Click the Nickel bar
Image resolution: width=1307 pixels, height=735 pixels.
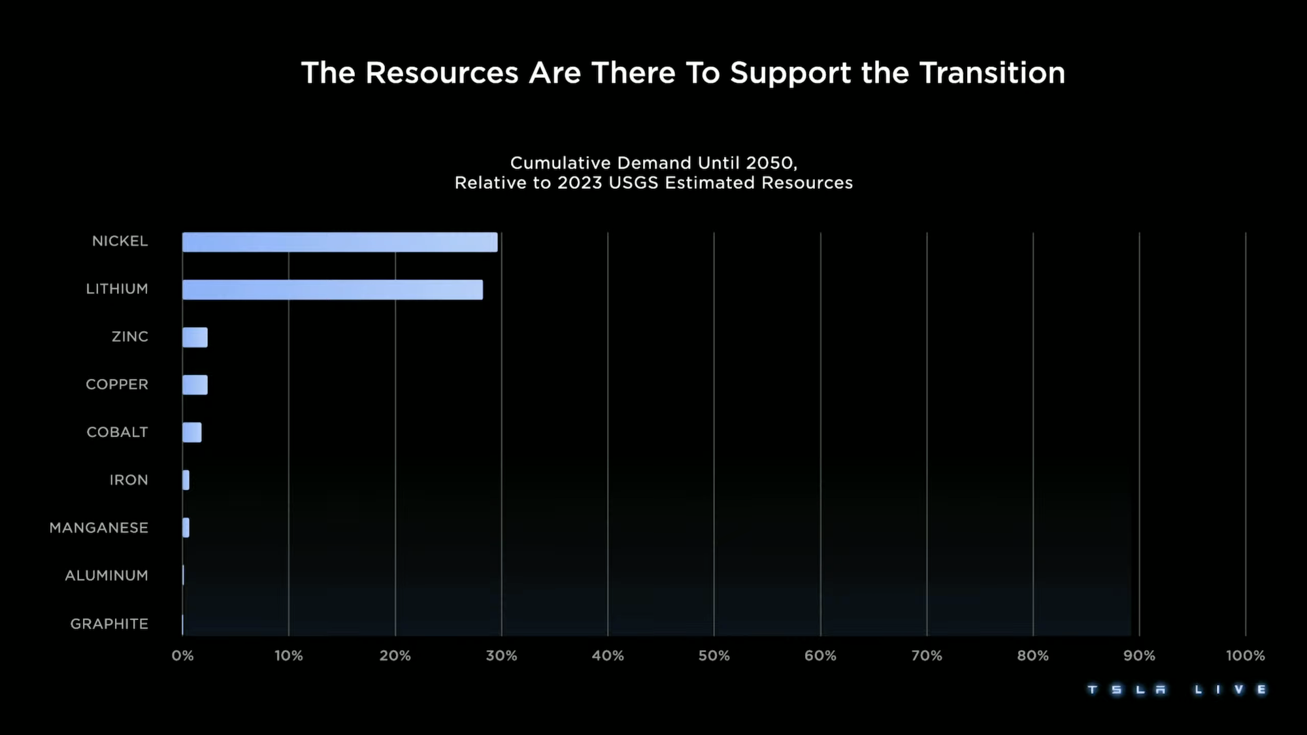pos(340,242)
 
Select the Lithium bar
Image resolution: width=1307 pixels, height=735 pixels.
pos(333,290)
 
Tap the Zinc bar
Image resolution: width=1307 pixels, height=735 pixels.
pos(195,338)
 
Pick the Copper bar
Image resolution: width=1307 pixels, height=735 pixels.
pos(195,385)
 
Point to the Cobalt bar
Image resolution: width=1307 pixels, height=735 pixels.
pos(192,433)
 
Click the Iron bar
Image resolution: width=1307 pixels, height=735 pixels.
pos(186,480)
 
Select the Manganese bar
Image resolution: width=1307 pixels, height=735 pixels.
pos(186,528)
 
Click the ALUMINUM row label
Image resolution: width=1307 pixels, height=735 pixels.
pos(107,576)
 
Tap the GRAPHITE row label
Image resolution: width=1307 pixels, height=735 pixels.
pos(109,624)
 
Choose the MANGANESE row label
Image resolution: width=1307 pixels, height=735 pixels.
pos(99,528)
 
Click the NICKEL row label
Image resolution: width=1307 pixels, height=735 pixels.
pos(120,242)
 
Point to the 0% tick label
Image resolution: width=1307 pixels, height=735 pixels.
pos(182,656)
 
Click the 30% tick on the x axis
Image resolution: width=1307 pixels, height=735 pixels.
pos(501,656)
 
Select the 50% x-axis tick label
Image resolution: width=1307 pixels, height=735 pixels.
pos(714,656)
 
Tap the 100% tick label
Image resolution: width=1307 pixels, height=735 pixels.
pos(1245,656)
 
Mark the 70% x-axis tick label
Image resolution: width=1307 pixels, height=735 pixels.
pos(927,656)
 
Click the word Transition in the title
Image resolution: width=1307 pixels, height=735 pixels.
pos(992,73)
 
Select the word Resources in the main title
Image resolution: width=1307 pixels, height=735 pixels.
pos(442,73)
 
